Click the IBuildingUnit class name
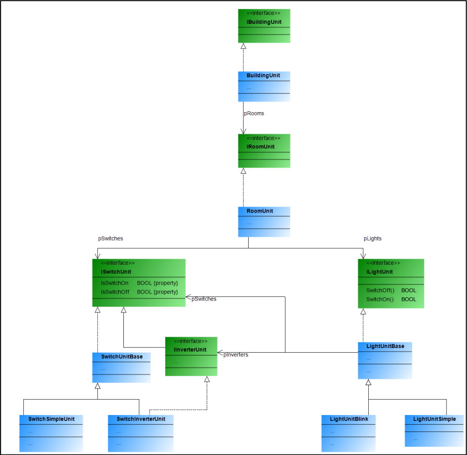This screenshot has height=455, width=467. click(x=264, y=22)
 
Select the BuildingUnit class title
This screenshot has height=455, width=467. click(x=264, y=75)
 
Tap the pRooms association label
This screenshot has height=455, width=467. click(x=254, y=113)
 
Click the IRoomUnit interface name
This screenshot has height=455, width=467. click(x=261, y=147)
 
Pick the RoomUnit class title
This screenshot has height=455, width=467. click(x=260, y=211)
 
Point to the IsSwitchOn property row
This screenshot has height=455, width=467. click(x=139, y=283)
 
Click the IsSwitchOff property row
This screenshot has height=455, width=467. click(x=139, y=292)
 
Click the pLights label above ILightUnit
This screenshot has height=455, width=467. click(x=372, y=239)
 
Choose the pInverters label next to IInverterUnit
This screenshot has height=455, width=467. click(x=236, y=355)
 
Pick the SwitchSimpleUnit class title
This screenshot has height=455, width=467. click(x=51, y=419)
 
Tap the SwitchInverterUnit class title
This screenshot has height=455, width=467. click(x=137, y=419)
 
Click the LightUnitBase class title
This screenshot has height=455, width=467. click(x=385, y=346)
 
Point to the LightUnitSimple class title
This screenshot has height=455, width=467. click(x=434, y=419)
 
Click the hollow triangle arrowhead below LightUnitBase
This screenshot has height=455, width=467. click(x=368, y=382)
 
